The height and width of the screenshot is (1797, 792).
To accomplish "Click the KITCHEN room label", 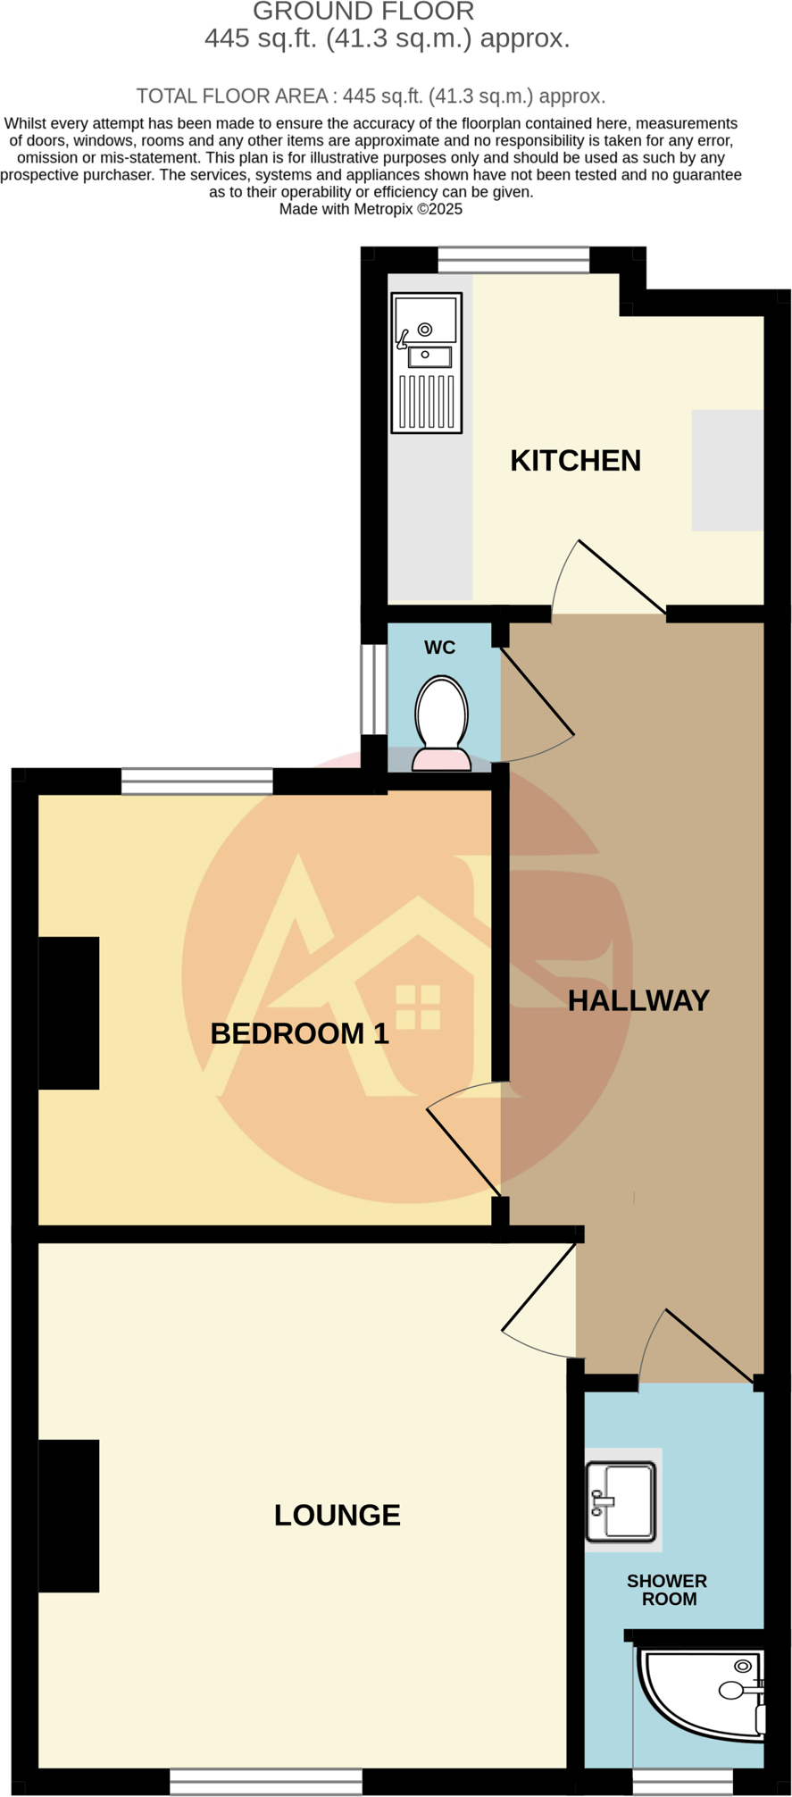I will [575, 461].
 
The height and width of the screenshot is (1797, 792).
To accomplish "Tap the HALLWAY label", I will [638, 1000].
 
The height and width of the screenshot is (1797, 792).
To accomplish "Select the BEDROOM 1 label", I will [299, 1033].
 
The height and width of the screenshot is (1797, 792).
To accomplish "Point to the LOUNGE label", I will [337, 1515].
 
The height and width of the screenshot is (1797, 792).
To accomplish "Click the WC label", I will [439, 648].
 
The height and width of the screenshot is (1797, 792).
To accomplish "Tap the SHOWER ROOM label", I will [667, 1590].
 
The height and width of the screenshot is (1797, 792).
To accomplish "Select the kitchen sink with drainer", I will [427, 363].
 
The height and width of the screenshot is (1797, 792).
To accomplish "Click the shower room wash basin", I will [621, 1501].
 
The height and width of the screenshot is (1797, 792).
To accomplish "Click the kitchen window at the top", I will [513, 260].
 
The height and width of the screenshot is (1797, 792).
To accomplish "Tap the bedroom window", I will [196, 781].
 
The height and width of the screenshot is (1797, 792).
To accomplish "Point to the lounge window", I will [266, 1782].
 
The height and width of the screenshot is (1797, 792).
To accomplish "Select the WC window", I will [373, 689].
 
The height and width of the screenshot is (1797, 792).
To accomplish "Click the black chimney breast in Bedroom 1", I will [68, 1013].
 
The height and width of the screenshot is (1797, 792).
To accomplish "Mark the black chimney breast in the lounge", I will [68, 1516].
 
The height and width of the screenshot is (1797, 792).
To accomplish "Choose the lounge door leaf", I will [539, 1286].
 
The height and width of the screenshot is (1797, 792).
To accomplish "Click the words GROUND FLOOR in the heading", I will [363, 13].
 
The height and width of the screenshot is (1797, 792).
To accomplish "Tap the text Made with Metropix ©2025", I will [371, 209].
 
